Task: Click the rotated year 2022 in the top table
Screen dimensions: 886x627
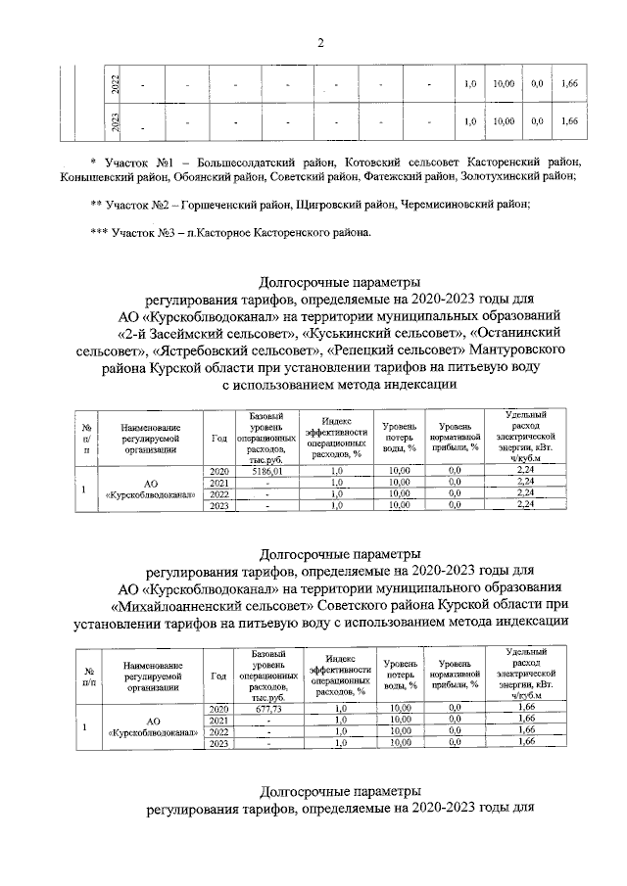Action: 116,85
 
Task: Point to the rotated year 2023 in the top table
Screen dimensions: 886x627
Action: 116,123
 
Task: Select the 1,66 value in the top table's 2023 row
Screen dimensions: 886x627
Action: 569,122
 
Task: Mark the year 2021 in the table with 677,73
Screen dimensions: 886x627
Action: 218,720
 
